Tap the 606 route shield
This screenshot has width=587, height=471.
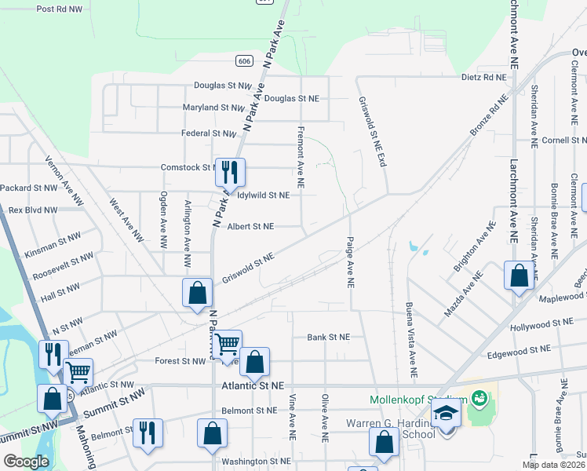246,60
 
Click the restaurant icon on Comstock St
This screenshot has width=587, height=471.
230,173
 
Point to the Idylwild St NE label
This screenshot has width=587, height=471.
264,195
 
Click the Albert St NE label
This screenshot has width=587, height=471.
250,226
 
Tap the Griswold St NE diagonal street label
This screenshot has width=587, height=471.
248,268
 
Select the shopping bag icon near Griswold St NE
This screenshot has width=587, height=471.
198,292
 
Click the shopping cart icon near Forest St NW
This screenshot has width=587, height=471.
228,343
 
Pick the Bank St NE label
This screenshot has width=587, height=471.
328,338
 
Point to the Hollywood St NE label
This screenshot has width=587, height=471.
541,323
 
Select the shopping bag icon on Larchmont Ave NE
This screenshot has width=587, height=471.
518,276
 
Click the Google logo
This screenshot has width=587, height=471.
26,462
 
